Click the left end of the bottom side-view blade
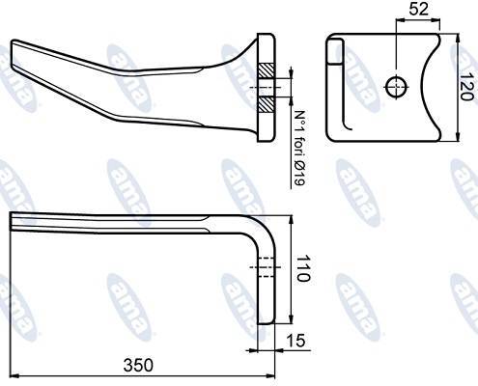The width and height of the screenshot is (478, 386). (x=13, y=222)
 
